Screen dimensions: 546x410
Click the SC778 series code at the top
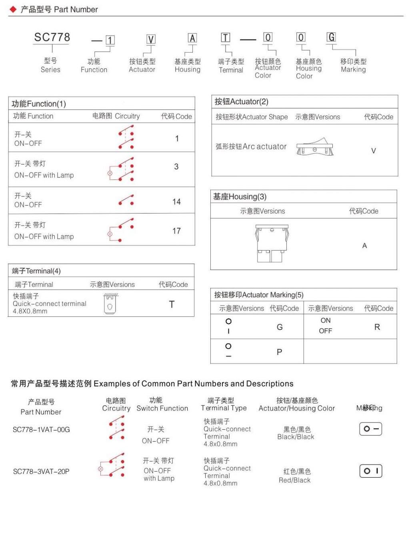point(52,38)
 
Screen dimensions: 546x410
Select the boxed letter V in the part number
point(151,40)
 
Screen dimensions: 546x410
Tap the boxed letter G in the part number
point(331,37)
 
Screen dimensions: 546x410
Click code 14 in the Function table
point(176,202)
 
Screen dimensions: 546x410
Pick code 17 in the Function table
point(176,231)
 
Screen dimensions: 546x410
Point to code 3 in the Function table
point(176,167)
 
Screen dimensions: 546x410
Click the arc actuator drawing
point(315,147)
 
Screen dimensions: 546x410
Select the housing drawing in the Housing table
point(272,243)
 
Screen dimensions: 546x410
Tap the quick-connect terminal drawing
point(110,304)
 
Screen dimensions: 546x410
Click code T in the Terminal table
point(172,304)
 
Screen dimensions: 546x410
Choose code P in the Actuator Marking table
point(279,352)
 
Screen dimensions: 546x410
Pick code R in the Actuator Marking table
point(377,327)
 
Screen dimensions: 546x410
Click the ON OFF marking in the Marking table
point(326,326)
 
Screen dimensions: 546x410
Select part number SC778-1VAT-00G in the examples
point(41,430)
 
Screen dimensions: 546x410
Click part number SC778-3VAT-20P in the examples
point(41,471)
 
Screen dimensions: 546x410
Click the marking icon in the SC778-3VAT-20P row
point(371,471)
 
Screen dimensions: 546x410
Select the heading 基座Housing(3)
point(240,197)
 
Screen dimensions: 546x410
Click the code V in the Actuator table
point(374,151)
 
